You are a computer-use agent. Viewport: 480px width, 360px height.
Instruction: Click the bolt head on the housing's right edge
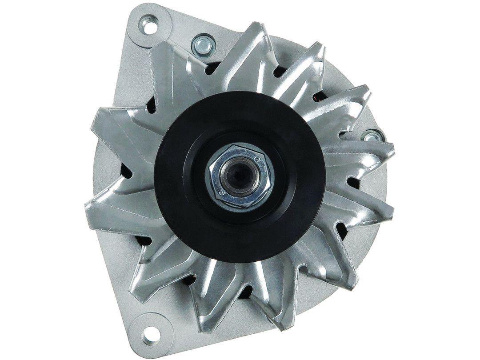coord(371,136)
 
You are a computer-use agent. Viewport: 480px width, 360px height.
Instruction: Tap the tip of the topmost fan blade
coord(256,28)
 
